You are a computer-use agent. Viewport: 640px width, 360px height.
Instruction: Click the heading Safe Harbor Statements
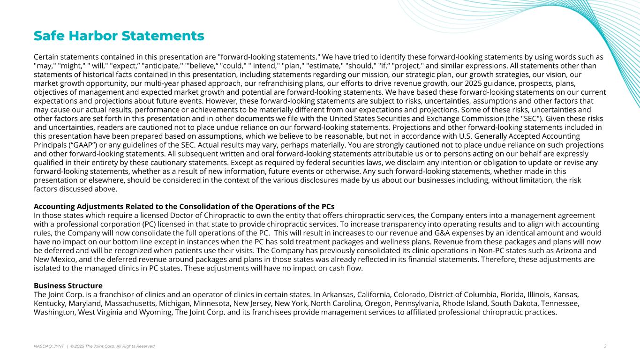(119, 36)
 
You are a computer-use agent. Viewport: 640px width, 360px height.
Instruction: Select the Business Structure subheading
(68, 285)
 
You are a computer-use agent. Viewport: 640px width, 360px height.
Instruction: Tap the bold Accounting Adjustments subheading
(184, 207)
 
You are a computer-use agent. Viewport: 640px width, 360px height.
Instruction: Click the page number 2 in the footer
(605, 346)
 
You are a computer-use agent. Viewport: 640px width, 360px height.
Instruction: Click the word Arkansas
(337, 294)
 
